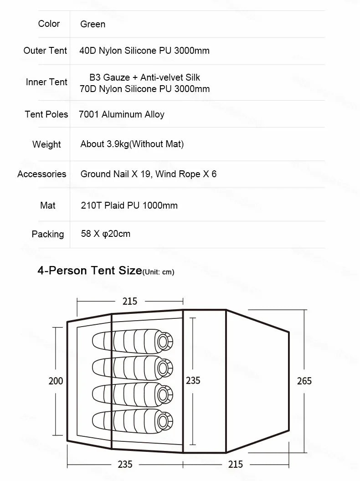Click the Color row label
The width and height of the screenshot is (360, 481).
[49, 24]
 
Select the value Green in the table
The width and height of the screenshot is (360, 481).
[93, 24]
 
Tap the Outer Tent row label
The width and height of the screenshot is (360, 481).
[45, 51]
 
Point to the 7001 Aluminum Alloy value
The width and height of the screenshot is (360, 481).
[122, 114]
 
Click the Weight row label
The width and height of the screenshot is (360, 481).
[46, 144]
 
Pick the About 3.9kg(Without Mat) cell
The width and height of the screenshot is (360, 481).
[132, 144]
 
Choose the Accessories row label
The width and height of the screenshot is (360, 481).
[41, 174]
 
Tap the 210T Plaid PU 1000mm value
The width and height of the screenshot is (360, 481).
[129, 205]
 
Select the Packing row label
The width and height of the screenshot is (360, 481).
[48, 234]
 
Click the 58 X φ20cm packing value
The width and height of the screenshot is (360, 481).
[105, 234]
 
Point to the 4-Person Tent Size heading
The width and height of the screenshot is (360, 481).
[89, 271]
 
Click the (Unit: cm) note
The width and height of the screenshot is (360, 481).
[159, 272]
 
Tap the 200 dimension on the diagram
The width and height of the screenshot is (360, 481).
[56, 381]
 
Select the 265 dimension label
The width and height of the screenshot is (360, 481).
[304, 381]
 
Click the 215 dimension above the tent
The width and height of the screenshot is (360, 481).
[130, 301]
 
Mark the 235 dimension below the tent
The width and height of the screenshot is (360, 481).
[125, 464]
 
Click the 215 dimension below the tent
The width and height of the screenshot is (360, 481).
[235, 464]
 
